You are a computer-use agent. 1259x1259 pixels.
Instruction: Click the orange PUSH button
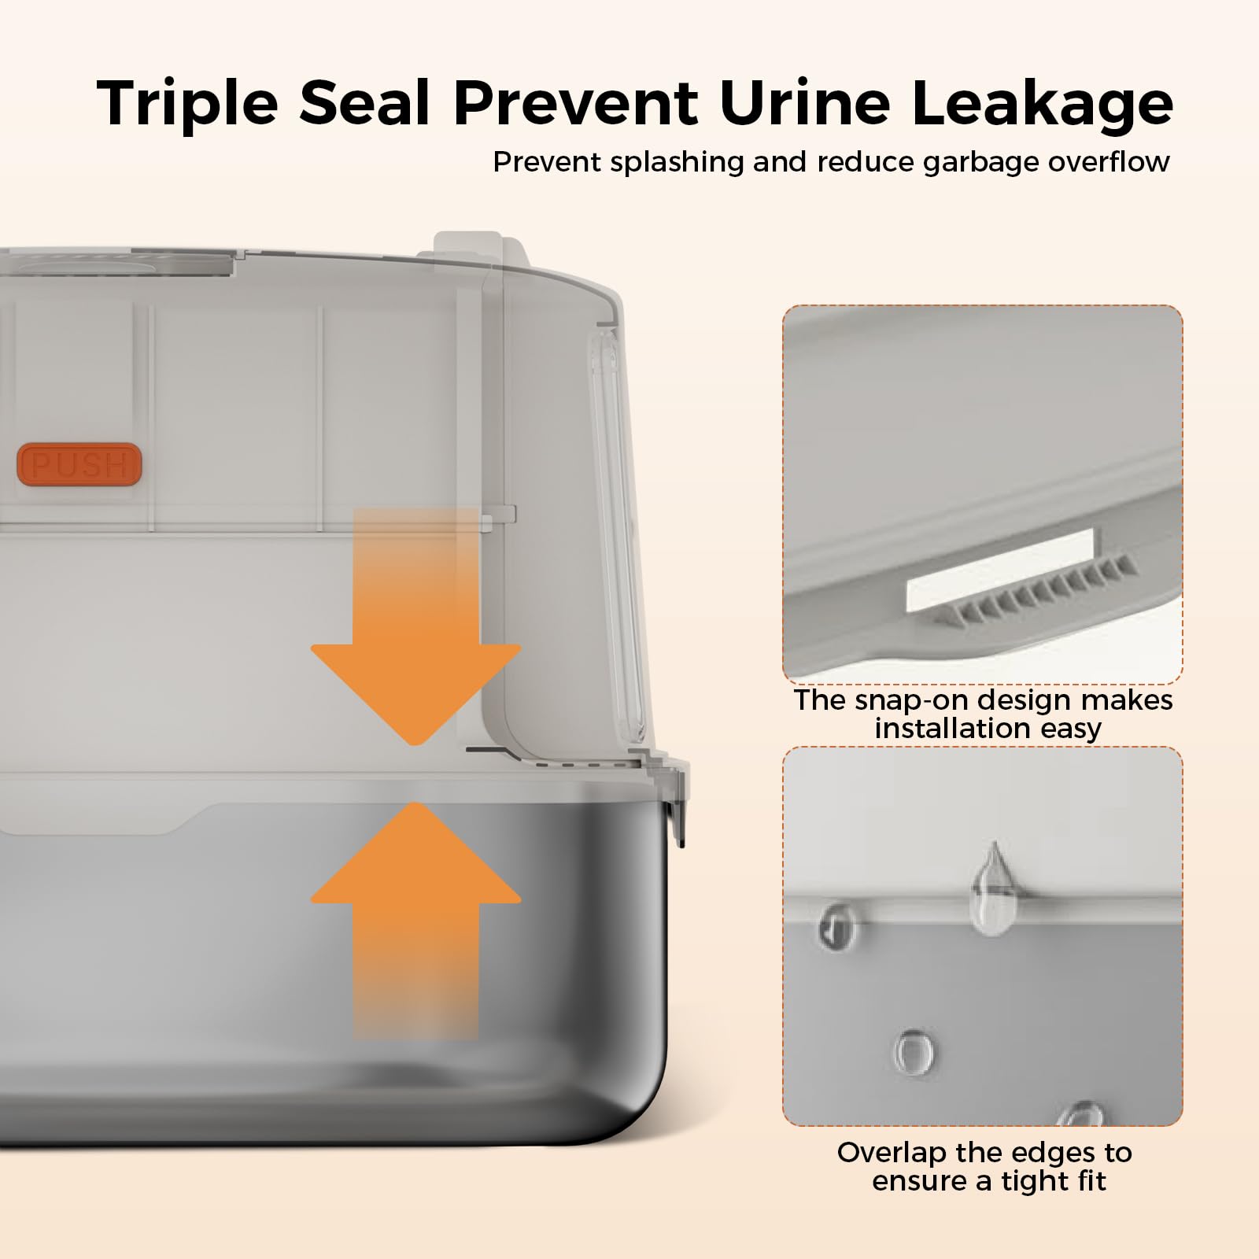(x=79, y=465)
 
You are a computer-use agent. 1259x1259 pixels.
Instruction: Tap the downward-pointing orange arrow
(x=415, y=626)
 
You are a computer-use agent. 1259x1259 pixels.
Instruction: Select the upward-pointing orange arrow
(x=415, y=921)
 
